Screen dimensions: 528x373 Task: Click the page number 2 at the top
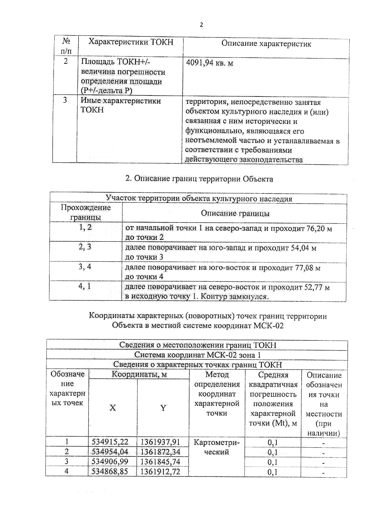(201, 25)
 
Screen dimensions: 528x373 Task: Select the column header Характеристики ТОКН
(131, 42)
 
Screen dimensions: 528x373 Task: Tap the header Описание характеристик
(266, 44)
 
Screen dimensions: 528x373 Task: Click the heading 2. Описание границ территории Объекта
(199, 179)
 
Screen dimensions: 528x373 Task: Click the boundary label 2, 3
(85, 247)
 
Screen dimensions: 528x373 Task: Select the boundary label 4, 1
(85, 286)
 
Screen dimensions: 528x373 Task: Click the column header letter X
(113, 408)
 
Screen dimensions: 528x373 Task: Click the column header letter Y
(163, 408)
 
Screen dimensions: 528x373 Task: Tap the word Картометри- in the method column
(216, 442)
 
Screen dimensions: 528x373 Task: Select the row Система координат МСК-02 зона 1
(197, 355)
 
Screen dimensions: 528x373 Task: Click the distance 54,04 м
(303, 248)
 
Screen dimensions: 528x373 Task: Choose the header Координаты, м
(139, 375)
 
